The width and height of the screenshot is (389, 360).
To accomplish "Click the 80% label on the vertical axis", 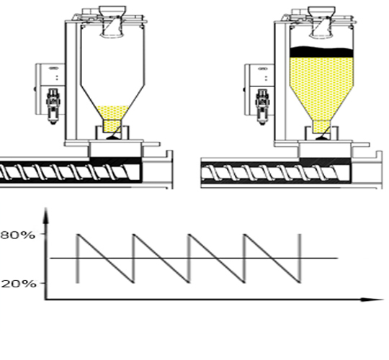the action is click(x=17, y=235).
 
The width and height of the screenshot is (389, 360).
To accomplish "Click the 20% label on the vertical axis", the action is click(x=19, y=284).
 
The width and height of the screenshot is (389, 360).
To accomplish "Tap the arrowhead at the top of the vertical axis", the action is click(x=46, y=216).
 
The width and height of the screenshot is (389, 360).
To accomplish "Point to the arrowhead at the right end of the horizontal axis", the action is click(x=372, y=300).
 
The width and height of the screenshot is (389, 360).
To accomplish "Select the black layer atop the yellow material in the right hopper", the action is click(x=321, y=52).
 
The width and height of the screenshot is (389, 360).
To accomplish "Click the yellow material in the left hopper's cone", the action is click(x=113, y=113).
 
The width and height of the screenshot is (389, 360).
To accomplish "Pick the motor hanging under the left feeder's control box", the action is click(x=53, y=106).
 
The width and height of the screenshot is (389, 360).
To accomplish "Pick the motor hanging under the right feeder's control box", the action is click(x=262, y=107).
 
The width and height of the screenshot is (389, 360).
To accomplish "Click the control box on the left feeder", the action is click(x=50, y=75).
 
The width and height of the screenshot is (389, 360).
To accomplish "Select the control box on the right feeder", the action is click(x=260, y=75).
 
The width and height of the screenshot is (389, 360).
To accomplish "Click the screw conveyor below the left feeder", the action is click(x=71, y=171).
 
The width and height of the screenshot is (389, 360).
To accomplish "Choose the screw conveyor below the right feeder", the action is click(x=275, y=172).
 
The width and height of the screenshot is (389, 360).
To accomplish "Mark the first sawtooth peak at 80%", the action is click(x=78, y=234).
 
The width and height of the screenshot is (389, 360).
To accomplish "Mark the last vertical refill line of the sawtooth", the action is click(x=300, y=258).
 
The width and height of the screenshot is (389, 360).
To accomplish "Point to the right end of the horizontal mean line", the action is click(x=338, y=258).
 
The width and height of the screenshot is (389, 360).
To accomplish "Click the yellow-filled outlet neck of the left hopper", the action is click(x=112, y=126).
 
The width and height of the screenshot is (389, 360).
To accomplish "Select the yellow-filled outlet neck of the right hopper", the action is click(x=321, y=127).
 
